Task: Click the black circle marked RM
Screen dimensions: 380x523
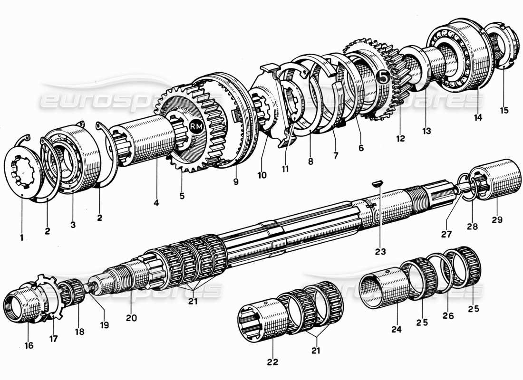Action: (x=195, y=126)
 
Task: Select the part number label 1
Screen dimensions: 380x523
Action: (x=22, y=236)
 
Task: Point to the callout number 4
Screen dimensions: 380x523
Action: (x=156, y=202)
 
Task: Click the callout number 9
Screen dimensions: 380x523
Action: (x=236, y=181)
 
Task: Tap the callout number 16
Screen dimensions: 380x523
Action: (x=29, y=346)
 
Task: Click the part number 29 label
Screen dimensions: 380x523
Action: (x=497, y=220)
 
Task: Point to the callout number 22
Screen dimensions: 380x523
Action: (x=271, y=362)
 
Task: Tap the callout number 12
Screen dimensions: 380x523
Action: (x=400, y=138)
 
